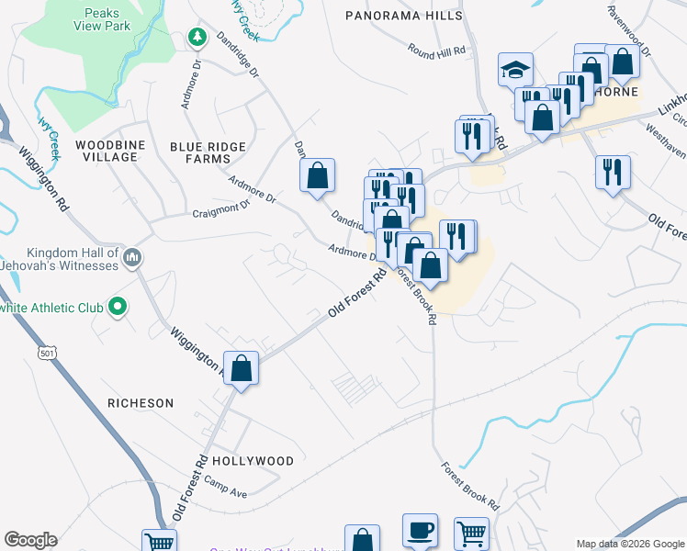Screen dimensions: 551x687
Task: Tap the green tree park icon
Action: pyautogui.click(x=196, y=37)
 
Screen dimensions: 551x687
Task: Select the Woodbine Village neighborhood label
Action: pyautogui.click(x=107, y=152)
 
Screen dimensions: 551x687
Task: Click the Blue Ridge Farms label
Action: pyautogui.click(x=208, y=152)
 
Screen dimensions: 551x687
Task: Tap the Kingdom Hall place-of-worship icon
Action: pyautogui.click(x=134, y=258)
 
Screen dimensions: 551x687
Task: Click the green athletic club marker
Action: pyautogui.click(x=118, y=307)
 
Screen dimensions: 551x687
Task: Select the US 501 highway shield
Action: pyautogui.click(x=47, y=353)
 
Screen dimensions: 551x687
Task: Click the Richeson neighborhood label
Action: pyautogui.click(x=141, y=403)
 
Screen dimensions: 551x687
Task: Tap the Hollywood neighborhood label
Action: pyautogui.click(x=253, y=461)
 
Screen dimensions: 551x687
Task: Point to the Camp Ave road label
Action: pyautogui.click(x=226, y=488)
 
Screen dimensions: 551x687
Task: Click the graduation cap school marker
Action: pyautogui.click(x=516, y=70)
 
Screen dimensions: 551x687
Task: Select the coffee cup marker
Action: pyautogui.click(x=420, y=530)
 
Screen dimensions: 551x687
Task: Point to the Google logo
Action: pyautogui.click(x=30, y=540)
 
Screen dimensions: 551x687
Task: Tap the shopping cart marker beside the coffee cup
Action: pyautogui.click(x=471, y=533)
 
